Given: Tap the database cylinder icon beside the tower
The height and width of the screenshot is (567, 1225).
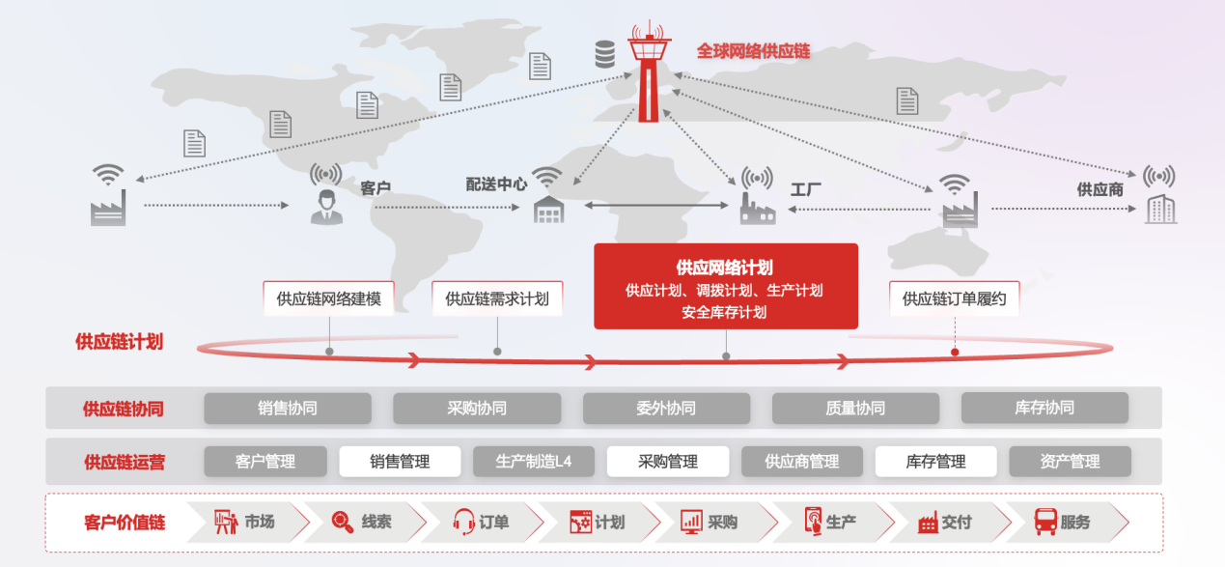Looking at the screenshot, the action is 605,54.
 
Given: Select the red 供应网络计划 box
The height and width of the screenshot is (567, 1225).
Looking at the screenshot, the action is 726,286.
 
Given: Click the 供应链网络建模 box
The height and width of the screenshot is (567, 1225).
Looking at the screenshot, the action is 328,298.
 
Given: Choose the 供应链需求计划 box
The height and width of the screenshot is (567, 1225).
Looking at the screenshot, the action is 497,298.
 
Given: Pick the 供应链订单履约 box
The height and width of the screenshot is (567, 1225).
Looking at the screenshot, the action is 955,298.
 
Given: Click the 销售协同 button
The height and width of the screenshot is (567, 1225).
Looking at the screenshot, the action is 288,409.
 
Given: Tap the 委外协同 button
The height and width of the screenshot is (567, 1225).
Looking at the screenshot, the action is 666,409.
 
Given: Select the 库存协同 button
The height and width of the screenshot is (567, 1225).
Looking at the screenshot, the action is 1044,408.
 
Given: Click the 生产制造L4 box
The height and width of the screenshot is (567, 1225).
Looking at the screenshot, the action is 534,462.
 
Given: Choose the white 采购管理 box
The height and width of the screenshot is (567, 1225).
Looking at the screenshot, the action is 668,462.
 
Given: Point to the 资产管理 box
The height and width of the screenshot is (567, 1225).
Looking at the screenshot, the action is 1070,462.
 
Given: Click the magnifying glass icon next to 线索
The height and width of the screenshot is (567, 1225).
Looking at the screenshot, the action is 343,522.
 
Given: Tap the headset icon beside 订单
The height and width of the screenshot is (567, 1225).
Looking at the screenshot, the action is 464,522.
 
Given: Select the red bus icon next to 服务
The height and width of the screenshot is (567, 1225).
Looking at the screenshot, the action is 1045,522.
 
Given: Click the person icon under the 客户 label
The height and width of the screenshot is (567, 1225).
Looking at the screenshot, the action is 326,208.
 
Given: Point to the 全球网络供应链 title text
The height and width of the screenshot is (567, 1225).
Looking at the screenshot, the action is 753,51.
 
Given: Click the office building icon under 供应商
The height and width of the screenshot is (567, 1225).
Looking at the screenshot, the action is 1161,209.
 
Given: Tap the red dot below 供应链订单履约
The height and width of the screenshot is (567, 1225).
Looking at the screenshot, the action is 955,353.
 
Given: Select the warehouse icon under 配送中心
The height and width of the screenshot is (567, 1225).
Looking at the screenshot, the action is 548,210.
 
